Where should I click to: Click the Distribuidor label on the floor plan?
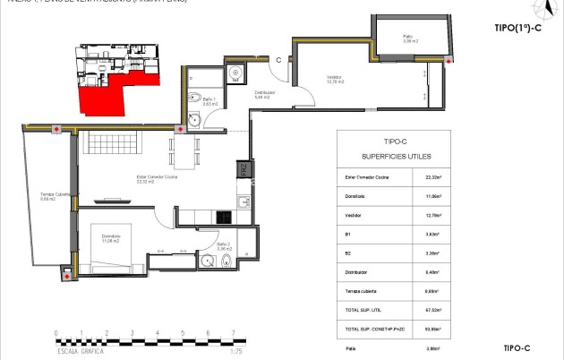(264, 93)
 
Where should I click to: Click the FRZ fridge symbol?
(242, 169)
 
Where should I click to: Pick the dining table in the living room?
(186, 149)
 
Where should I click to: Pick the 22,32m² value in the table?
(432, 177)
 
